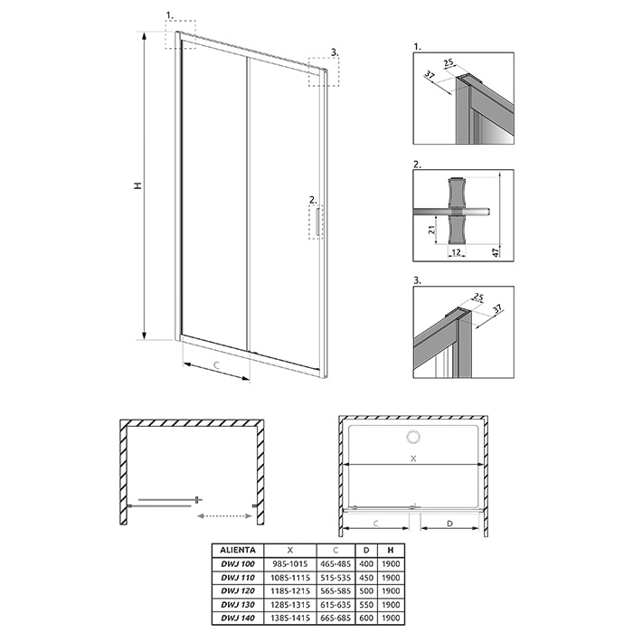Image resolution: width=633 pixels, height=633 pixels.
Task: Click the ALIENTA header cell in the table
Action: (x=238, y=550)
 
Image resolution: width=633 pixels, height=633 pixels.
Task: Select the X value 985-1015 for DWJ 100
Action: (x=290, y=564)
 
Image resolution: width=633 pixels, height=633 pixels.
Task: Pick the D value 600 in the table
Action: (x=366, y=618)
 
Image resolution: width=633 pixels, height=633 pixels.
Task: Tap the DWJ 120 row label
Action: (x=238, y=590)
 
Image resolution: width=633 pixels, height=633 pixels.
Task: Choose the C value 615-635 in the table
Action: (x=335, y=604)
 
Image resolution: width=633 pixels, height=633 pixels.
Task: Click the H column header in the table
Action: (x=391, y=550)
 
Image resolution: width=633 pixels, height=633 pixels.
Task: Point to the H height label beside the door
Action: (x=138, y=185)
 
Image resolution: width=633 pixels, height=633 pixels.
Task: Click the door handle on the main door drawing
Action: (x=318, y=222)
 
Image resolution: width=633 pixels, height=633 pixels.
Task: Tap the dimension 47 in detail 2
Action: (x=496, y=251)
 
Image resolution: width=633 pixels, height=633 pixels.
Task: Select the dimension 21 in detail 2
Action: (x=431, y=230)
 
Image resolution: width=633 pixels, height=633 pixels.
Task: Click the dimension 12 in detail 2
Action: (x=456, y=252)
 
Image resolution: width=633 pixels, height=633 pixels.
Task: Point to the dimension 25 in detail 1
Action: (x=449, y=62)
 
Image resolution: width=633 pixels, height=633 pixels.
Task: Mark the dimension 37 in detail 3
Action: (x=497, y=308)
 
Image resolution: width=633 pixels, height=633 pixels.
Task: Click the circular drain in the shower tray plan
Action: (x=413, y=438)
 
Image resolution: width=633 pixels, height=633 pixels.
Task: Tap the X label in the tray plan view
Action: (x=413, y=458)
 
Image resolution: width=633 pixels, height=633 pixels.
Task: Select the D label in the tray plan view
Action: (x=450, y=524)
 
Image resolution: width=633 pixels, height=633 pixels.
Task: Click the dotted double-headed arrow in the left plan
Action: (x=224, y=515)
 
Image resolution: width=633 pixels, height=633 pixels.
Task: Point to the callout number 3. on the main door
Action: (x=335, y=52)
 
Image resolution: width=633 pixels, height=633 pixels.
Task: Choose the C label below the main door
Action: (x=216, y=365)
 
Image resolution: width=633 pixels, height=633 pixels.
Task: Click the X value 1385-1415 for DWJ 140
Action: (x=290, y=618)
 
